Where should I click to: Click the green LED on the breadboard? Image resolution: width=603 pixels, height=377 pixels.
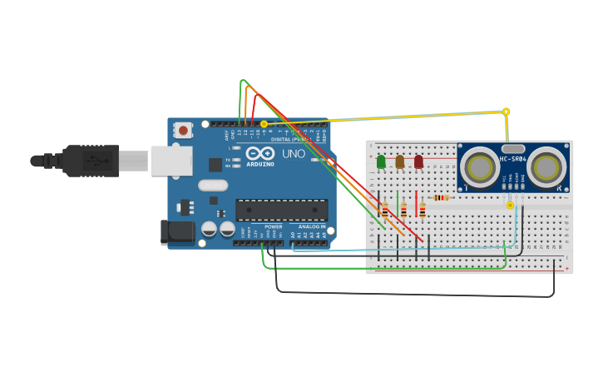pos(381,161)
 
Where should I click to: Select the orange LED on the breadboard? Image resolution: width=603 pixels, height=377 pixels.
pos(399,161)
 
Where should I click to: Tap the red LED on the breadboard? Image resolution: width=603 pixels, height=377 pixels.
pos(418,161)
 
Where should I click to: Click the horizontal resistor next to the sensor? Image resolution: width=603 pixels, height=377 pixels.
pos(441,197)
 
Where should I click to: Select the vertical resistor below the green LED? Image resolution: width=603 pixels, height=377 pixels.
pos(385,210)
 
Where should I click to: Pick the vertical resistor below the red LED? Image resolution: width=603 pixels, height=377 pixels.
pos(423,210)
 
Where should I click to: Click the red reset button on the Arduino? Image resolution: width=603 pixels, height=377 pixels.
pos(182,130)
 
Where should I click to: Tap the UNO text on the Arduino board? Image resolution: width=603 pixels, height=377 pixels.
pos(294,154)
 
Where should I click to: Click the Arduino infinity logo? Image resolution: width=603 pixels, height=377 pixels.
pos(259,153)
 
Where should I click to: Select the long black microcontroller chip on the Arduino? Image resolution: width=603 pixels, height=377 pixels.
pos(281,210)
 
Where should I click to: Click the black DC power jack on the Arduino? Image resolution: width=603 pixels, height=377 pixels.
pos(177,231)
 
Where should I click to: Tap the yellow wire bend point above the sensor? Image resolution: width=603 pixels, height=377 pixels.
pos(506,111)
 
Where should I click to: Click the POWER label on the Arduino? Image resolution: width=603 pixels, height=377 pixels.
pos(273,226)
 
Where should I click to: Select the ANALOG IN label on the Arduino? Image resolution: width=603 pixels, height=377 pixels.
pos(313,226)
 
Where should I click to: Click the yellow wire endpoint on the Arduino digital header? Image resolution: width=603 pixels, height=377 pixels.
pos(264,124)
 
